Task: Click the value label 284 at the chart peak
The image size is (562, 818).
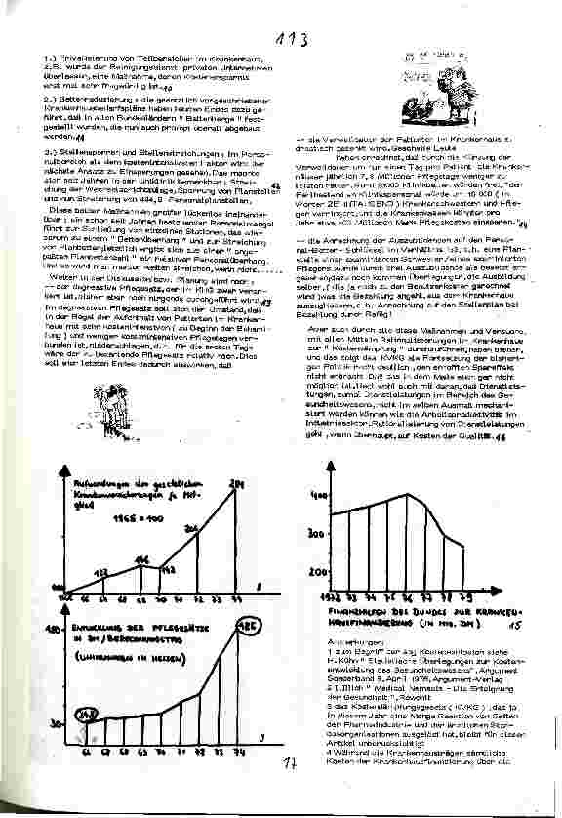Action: coord(234,483)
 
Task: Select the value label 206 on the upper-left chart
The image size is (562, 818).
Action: coord(192,528)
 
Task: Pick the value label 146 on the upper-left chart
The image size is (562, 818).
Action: coord(141,558)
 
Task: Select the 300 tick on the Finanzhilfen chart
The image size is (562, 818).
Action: coord(317,535)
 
